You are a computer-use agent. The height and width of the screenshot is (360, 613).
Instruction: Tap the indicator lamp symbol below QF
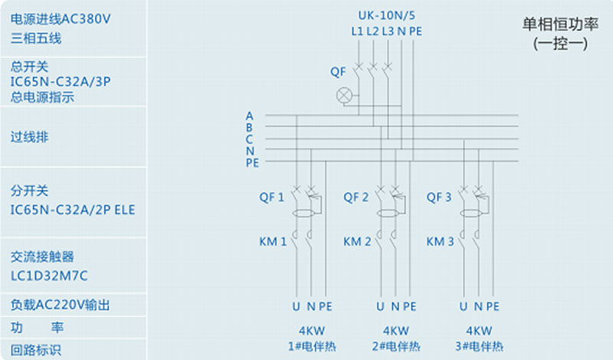(345, 96)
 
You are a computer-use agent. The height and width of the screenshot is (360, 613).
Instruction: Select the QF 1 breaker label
(271, 197)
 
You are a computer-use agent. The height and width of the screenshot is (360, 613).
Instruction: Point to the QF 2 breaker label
(356, 197)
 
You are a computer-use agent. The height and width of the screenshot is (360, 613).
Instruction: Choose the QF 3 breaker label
(439, 197)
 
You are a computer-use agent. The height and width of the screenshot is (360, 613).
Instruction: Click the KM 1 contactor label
(273, 241)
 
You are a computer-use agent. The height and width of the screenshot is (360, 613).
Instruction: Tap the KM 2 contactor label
(357, 241)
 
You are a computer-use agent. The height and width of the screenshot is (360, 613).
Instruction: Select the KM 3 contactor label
(441, 241)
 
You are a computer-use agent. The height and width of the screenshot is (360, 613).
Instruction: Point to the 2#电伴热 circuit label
(395, 346)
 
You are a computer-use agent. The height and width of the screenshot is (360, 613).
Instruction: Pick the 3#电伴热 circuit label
(478, 346)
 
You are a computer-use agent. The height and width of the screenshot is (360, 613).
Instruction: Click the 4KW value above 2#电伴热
(395, 332)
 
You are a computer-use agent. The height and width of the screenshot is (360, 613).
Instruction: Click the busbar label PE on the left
(252, 162)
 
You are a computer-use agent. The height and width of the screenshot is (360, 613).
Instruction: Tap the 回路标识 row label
(36, 350)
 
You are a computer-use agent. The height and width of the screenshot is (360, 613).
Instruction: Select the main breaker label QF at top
(338, 72)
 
